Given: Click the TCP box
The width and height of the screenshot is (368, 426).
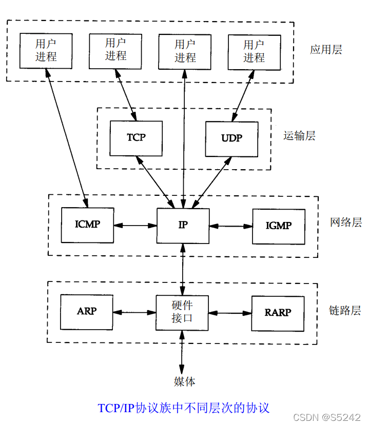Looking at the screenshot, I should pyautogui.click(x=136, y=138).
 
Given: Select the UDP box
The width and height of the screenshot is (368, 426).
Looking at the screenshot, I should pyautogui.click(x=231, y=138).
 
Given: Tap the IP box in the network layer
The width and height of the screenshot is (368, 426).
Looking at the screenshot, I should pyautogui.click(x=183, y=226).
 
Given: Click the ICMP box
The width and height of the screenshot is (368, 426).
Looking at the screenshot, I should pyautogui.click(x=87, y=225).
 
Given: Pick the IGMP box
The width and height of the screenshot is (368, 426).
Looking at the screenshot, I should pyautogui.click(x=279, y=226).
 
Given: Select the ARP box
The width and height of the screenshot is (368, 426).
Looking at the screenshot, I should pyautogui.click(x=87, y=312).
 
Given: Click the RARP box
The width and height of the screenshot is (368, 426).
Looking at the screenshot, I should pyautogui.click(x=278, y=312).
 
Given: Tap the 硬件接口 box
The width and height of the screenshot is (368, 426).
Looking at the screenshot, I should pyautogui.click(x=182, y=313).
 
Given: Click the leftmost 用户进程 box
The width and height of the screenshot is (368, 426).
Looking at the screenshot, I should pyautogui.click(x=46, y=50).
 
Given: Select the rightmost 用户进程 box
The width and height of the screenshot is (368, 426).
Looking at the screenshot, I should pyautogui.click(x=254, y=51).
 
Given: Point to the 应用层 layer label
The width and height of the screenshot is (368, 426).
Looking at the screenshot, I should pyautogui.click(x=326, y=50).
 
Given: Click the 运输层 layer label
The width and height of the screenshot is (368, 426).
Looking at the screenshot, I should pyautogui.click(x=299, y=136).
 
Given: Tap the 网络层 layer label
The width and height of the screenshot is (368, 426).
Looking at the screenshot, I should pyautogui.click(x=346, y=222).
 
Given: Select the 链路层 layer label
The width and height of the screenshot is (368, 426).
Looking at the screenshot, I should pyautogui.click(x=345, y=311).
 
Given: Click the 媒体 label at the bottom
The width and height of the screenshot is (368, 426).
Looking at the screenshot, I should pyautogui.click(x=184, y=381).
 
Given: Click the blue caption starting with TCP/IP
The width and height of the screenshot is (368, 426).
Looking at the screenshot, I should pyautogui.click(x=183, y=408).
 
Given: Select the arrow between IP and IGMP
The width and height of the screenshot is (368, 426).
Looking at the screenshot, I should pyautogui.click(x=230, y=226).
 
